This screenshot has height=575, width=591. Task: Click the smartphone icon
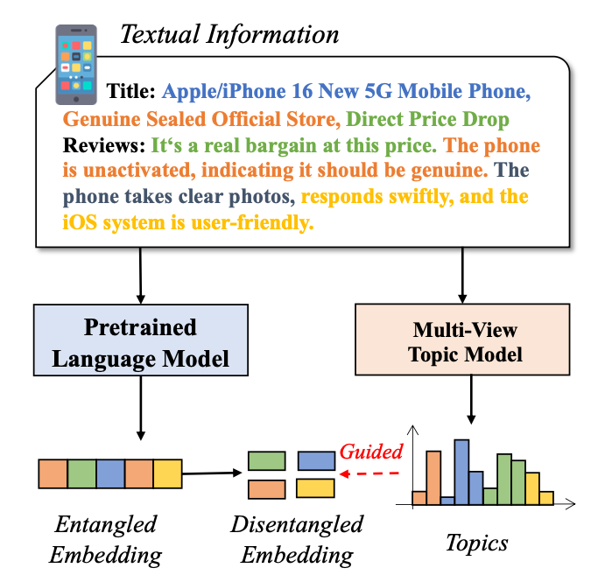click(77, 59)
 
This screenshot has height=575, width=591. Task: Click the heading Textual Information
click(229, 35)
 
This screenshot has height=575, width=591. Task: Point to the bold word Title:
click(131, 91)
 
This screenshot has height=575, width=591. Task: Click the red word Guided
click(370, 452)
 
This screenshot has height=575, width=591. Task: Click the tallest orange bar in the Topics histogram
click(433, 478)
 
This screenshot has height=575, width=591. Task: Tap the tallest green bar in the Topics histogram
click(504, 480)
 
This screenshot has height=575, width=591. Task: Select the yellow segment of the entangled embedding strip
click(167, 473)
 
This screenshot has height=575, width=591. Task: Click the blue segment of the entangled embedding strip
click(110, 473)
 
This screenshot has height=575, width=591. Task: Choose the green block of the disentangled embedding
click(266, 460)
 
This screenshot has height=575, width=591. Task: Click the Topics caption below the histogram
click(477, 543)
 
